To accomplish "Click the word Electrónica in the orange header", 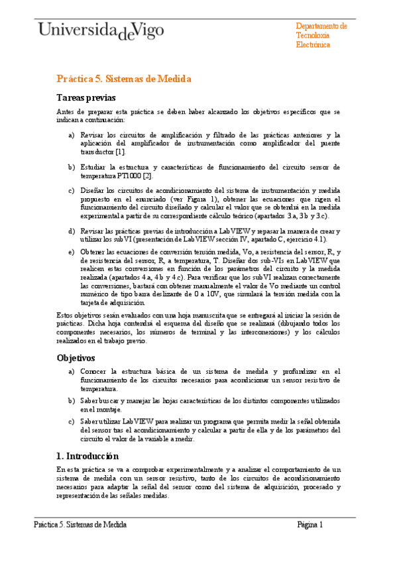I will coord(313,45).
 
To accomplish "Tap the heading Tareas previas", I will coord(86,98).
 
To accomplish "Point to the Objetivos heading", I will coord(77,358).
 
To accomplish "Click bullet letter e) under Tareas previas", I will coord(72,253).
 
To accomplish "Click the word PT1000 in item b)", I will coord(126,176).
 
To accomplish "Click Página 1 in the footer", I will coord(310,524).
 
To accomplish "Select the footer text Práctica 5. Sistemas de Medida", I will coord(80,524).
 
